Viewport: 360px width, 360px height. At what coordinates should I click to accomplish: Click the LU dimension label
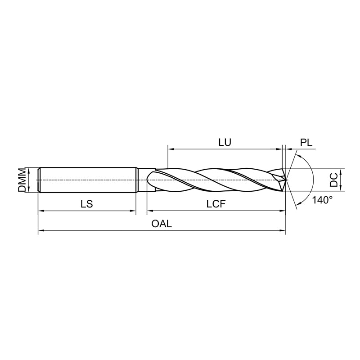tap(225, 142)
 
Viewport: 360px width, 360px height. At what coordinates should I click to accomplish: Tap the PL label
tap(306, 143)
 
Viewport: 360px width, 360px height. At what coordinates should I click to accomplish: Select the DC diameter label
tap(333, 180)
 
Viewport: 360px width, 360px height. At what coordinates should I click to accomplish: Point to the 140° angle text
tap(322, 200)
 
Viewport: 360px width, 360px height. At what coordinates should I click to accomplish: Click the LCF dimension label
tap(216, 204)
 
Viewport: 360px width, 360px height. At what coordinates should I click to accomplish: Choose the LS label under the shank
tap(86, 204)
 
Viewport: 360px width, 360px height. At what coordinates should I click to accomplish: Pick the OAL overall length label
tap(162, 223)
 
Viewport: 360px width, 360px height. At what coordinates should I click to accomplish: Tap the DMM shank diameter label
tap(22, 180)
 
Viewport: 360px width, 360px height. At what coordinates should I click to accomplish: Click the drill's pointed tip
tap(286, 179)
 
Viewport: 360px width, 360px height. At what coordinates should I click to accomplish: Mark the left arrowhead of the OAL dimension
tap(40, 230)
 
